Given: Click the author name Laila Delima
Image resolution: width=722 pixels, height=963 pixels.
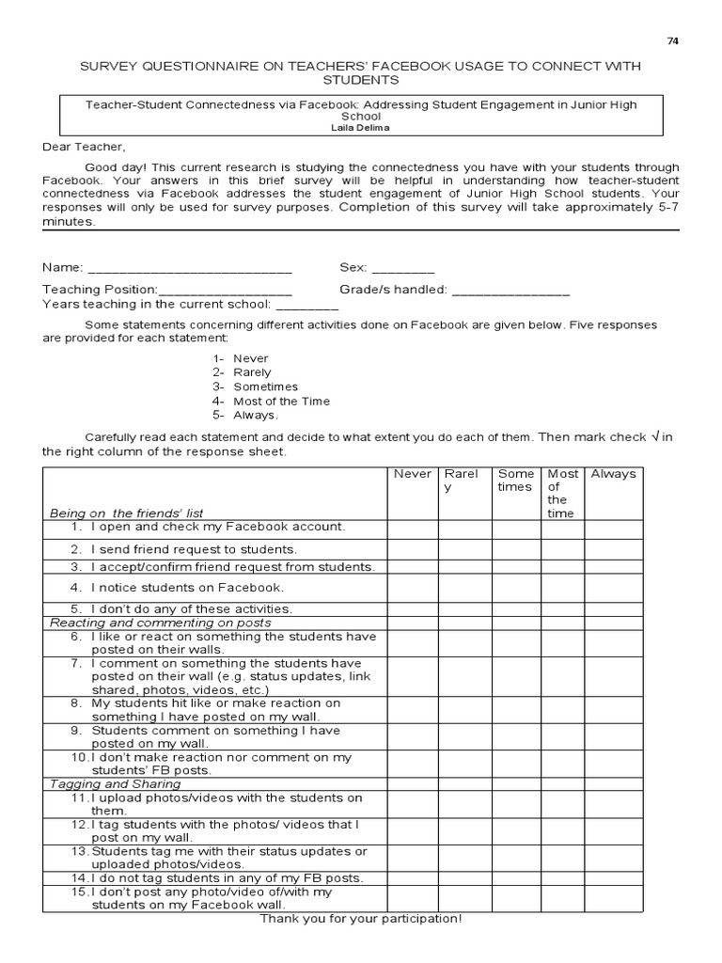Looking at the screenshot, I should pyautogui.click(x=362, y=126).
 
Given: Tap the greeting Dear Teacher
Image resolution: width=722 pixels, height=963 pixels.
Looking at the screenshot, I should pyautogui.click(x=83, y=147).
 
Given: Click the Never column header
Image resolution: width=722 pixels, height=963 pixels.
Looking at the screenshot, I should pyautogui.click(x=412, y=474).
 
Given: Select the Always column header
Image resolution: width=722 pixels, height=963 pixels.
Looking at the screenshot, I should pyautogui.click(x=613, y=474).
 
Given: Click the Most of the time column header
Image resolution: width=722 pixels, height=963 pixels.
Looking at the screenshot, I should pyautogui.click(x=562, y=494).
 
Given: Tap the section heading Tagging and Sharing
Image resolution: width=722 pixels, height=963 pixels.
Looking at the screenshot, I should pyautogui.click(x=115, y=783).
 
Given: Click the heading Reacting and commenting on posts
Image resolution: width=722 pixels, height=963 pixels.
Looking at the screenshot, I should pyautogui.click(x=160, y=623).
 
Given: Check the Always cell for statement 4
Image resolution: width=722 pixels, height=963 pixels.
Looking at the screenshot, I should pyautogui.click(x=613, y=588).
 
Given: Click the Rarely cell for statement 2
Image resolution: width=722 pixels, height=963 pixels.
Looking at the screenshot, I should pyautogui.click(x=463, y=549).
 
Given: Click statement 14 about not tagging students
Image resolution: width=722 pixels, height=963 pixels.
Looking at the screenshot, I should pyautogui.click(x=216, y=878).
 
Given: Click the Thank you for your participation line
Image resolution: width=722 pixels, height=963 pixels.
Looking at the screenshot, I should pyautogui.click(x=361, y=918).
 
